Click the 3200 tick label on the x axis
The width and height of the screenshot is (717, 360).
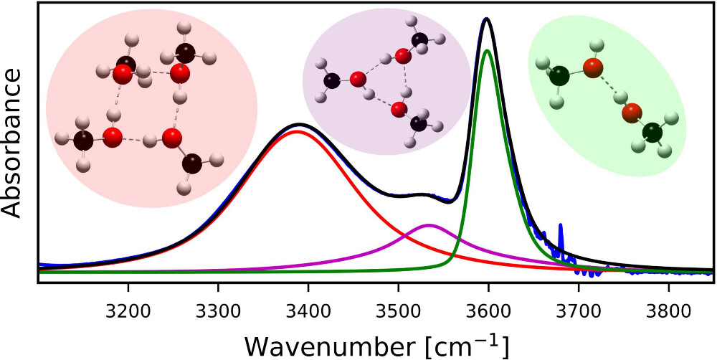128,295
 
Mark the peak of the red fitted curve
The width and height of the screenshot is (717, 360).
278,131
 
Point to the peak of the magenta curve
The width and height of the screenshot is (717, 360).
383,225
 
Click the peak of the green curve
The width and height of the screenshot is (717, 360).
488,50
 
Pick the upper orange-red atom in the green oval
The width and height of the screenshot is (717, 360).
593,69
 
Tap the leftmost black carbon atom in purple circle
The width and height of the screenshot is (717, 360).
332,82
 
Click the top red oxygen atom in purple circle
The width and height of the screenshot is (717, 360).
403,57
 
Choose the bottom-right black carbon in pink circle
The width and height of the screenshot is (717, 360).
191,164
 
